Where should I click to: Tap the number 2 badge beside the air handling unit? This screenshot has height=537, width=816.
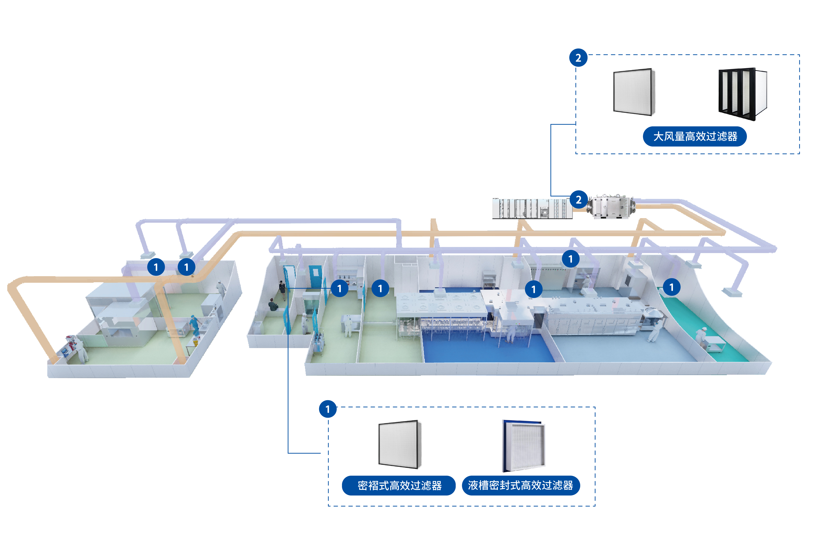point(578,200)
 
